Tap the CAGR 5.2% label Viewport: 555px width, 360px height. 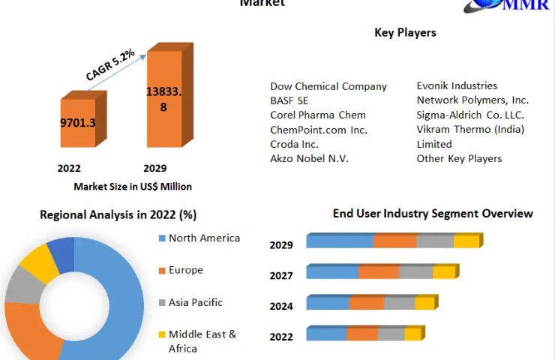pyautogui.click(x=110, y=65)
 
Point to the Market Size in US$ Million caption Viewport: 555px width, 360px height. pyautogui.click(x=133, y=187)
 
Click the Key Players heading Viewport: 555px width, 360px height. pyautogui.click(x=405, y=32)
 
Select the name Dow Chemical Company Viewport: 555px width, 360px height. pyautogui.click(x=328, y=86)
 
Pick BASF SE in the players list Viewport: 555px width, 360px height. pyautogui.click(x=289, y=100)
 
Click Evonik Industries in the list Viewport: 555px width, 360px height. pyautogui.click(x=457, y=86)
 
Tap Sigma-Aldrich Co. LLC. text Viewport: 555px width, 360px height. pyautogui.click(x=470, y=115)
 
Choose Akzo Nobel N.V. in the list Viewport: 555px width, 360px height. pyautogui.click(x=309, y=158)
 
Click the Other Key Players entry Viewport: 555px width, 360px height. pyautogui.click(x=459, y=158)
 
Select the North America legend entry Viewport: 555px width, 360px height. pyautogui.click(x=204, y=238)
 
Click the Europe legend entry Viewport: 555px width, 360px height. pyautogui.click(x=185, y=270)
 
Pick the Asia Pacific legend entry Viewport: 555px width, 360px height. pyautogui.click(x=195, y=302)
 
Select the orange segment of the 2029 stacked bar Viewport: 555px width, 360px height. pyautogui.click(x=395, y=241)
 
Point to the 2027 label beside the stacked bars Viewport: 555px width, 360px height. pyautogui.click(x=281, y=276)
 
